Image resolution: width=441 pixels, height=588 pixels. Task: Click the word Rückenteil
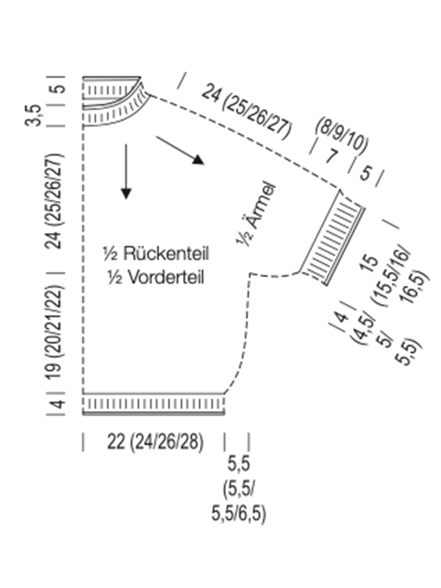click(166, 254)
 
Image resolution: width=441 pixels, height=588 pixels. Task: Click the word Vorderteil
click(166, 277)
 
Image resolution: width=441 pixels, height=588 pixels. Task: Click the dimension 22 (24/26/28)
click(155, 442)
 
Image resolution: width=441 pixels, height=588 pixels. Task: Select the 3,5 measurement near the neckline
click(33, 115)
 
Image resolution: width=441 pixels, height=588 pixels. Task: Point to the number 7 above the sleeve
click(331, 156)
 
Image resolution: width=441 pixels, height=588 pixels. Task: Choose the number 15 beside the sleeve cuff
click(371, 261)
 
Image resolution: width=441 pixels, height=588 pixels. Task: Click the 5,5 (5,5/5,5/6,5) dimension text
click(239, 489)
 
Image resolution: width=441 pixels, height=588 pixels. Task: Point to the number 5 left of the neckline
click(59, 89)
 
